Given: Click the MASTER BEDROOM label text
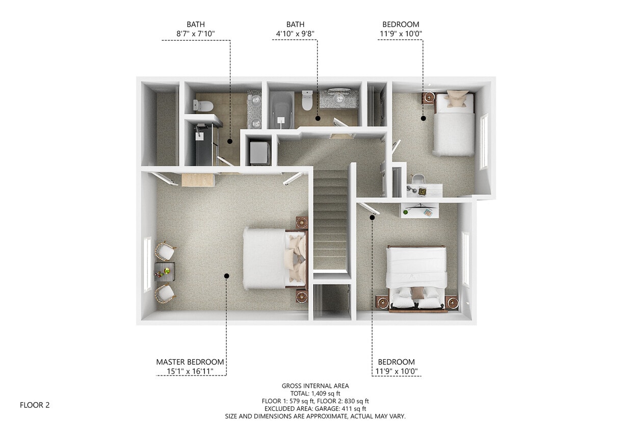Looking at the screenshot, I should point(190,362).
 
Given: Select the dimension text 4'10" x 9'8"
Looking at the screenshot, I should point(295,34).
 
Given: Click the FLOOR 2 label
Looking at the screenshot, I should point(35,405).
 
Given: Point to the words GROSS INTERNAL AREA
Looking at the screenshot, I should point(315,386).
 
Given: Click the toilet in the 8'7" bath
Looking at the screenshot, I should point(203,106).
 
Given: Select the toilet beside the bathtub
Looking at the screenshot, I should point(307,101).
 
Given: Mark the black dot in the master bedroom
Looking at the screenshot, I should point(226,276).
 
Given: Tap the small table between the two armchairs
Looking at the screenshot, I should point(165,272).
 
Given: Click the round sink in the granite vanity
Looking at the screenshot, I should point(338,96).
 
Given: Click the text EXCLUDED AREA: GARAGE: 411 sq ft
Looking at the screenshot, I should point(315,409).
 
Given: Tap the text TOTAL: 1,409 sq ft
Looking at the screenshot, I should point(315,393).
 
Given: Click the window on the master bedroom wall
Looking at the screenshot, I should point(147,264).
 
